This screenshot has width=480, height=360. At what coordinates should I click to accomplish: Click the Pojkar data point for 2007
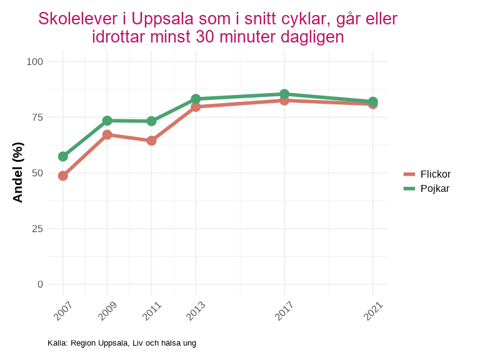coord(63,156)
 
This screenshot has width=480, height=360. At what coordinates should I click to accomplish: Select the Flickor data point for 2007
coord(63,176)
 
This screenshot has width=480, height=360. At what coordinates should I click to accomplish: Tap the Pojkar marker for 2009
coord(107,121)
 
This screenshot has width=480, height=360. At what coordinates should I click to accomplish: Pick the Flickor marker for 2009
coord(107,134)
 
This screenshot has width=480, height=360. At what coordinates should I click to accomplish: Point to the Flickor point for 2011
coord(151,141)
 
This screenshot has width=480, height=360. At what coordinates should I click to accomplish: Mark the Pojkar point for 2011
coord(151,121)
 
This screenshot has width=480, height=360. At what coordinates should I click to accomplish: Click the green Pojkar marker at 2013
coord(196,99)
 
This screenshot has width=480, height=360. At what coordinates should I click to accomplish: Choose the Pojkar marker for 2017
coord(284,94)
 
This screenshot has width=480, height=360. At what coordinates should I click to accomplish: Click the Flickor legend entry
coord(427,174)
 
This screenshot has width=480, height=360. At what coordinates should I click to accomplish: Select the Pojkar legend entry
coord(427,188)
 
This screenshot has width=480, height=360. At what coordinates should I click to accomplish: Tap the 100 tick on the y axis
coord(35,61)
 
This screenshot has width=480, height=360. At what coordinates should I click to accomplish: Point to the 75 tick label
coord(37,117)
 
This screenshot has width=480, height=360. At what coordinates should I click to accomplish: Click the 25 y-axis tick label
coord(37,229)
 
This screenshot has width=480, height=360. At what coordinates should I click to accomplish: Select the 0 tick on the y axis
coord(40,284)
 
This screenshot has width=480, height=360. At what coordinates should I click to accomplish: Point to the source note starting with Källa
coord(121,343)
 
